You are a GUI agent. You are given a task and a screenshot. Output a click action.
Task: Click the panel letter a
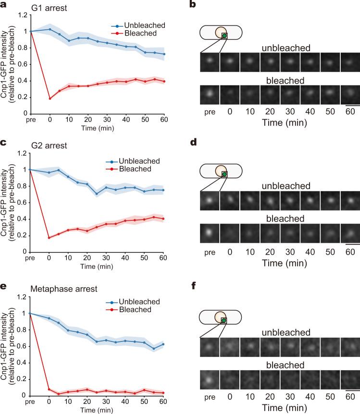coord(4,5)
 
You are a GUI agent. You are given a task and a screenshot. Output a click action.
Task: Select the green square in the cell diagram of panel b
coord(224,36)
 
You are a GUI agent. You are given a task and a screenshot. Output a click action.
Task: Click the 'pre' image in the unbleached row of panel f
coord(209,347)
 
